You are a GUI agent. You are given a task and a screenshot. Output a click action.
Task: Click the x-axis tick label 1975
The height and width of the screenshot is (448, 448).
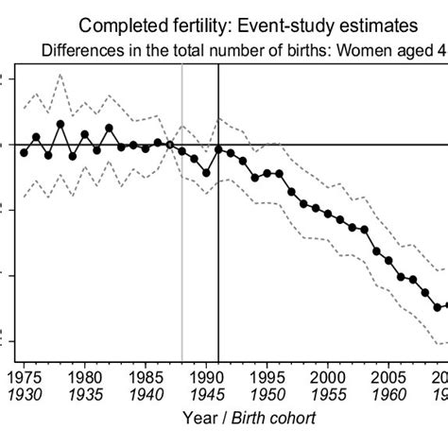point(24,375)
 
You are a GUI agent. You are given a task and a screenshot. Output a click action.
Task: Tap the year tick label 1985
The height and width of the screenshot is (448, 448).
point(145,375)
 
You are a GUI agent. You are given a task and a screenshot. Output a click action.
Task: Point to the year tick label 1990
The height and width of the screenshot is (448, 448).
point(206,375)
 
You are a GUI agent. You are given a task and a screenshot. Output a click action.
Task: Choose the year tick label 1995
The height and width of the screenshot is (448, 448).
point(267,375)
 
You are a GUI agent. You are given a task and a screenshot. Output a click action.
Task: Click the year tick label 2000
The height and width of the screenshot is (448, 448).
point(328,375)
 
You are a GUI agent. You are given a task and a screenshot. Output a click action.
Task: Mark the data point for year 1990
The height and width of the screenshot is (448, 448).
point(206,173)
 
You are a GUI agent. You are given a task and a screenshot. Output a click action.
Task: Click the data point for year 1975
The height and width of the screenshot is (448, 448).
point(24,153)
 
